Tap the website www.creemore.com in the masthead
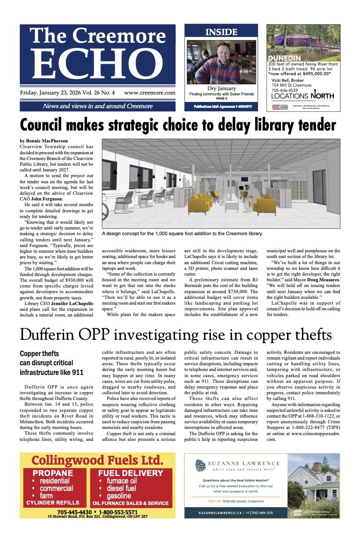point(149,93)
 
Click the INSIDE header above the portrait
point(221,32)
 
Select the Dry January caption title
point(221,88)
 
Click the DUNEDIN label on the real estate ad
point(284,58)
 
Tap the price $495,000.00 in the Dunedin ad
point(312,74)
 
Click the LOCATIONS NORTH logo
point(302,96)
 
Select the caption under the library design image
point(182,234)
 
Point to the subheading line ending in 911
point(51,372)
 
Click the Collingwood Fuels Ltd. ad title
point(98,461)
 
